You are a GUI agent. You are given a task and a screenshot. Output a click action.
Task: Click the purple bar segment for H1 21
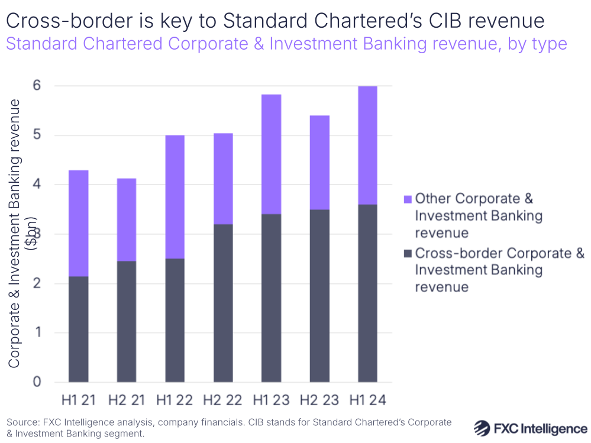click(x=79, y=223)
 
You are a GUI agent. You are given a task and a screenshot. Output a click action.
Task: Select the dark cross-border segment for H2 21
click(x=127, y=321)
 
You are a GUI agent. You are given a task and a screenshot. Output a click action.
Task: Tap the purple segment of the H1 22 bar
click(x=175, y=197)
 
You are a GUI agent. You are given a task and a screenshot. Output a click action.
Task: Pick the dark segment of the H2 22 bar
click(x=223, y=303)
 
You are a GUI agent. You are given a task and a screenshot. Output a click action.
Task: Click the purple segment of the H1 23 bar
click(x=271, y=154)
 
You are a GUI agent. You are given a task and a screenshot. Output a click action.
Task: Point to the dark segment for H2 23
click(x=319, y=296)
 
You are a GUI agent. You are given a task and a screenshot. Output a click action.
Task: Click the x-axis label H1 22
click(x=175, y=400)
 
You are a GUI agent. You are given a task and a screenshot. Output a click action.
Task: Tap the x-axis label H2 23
click(x=319, y=400)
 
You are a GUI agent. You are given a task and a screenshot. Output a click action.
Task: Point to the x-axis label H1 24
click(x=367, y=400)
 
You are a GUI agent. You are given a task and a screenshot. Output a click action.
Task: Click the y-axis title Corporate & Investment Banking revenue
click(x=16, y=234)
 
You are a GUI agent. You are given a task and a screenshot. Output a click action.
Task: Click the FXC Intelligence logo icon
click(x=483, y=428)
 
